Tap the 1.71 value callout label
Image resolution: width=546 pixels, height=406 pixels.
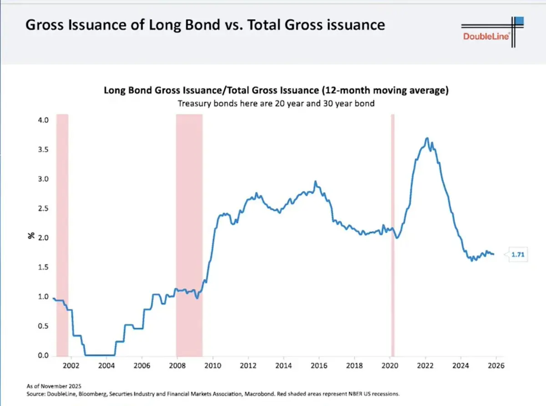pos(518,255)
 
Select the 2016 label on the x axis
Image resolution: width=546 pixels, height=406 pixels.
pos(319,365)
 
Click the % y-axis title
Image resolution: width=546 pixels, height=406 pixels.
pos(32,236)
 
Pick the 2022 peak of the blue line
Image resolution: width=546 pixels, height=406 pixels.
pos(426,138)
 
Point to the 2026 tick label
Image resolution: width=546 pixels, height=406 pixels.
pos(496,365)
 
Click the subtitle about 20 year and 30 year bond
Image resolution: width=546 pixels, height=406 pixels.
pos(276,103)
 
